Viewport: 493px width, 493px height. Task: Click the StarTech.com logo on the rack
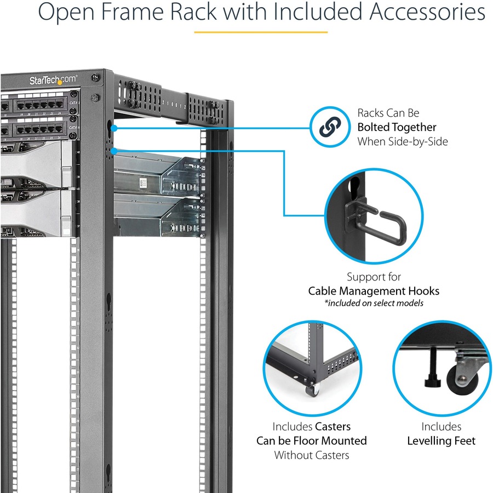53,80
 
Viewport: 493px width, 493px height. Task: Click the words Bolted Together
397,127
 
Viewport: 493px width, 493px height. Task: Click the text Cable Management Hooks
374,291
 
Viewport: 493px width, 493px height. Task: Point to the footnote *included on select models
374,303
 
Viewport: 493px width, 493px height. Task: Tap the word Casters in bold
333,426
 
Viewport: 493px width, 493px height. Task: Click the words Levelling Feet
441,440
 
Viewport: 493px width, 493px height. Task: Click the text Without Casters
312,455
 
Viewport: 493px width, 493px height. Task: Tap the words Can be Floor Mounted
312,440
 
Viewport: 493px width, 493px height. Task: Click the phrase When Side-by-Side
403,141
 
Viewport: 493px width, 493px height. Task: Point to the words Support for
374,277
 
